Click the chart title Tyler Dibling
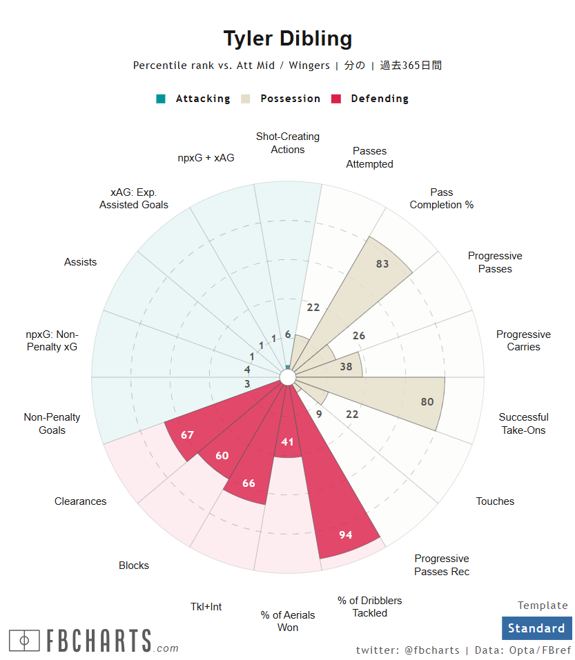tap(287, 39)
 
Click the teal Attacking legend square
tap(161, 99)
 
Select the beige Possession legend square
tap(246, 99)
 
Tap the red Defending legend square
tap(336, 99)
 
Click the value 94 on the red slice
tap(346, 534)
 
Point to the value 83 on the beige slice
tap(382, 263)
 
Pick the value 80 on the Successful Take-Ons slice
tap(427, 402)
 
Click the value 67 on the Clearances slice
tap(187, 434)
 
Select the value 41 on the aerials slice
tap(288, 442)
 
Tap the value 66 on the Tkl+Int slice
tap(248, 483)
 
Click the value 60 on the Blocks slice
tap(222, 455)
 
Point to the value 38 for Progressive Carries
tap(346, 367)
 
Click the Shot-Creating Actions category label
tap(288, 143)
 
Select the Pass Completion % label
tap(442, 199)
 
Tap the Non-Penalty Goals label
tap(52, 423)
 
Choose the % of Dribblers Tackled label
tap(370, 606)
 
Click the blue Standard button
tap(536, 628)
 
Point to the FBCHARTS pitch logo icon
tap(24, 641)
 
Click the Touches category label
tap(495, 501)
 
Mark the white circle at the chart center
tap(288, 377)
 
